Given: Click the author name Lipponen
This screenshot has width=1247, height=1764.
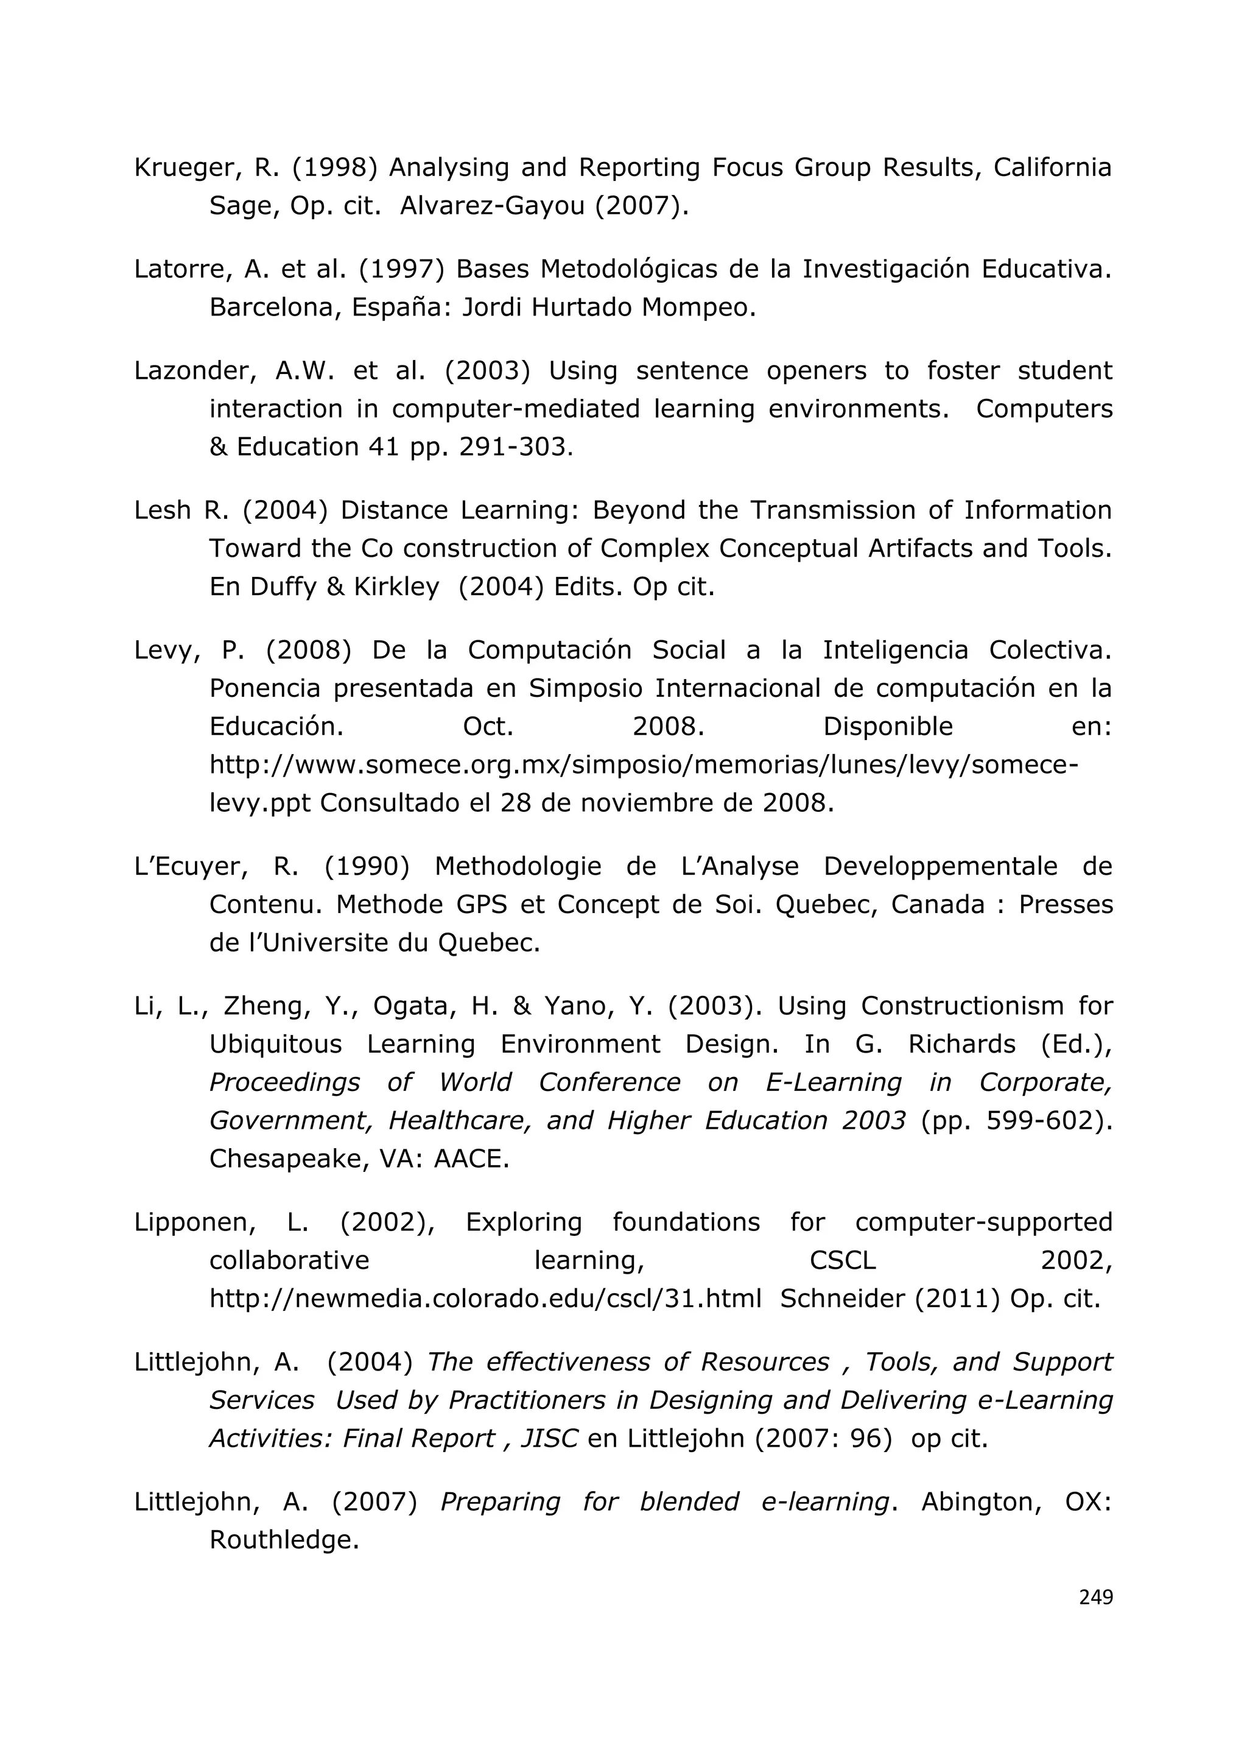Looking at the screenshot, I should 195,1222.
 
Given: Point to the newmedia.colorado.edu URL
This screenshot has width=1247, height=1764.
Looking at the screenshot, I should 485,1299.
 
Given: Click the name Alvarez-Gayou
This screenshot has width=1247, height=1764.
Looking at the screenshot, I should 491,206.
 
